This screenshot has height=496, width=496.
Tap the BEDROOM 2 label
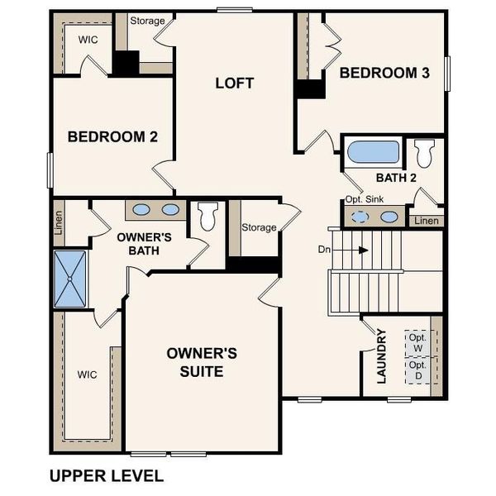pos(112,136)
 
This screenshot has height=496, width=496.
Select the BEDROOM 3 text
pos(384,73)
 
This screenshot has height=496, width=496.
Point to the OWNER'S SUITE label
pos(202,362)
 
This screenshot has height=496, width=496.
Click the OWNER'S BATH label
pos(144,243)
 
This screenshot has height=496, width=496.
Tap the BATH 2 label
pos(394,177)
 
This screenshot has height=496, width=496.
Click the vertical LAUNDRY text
pos(381,357)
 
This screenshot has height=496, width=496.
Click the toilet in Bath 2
pos(425,153)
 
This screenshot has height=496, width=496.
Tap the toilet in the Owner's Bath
pos(207,217)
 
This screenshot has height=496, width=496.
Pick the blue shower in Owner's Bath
pos(70,279)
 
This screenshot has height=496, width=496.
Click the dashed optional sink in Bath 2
pos(361,217)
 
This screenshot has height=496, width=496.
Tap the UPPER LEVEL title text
pos(107,475)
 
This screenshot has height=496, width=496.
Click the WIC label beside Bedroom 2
pos(88,39)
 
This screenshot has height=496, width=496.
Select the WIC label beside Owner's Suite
pos(88,374)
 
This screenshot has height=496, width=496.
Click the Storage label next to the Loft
pos(147,21)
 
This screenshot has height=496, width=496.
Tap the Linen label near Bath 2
pos(427,221)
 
